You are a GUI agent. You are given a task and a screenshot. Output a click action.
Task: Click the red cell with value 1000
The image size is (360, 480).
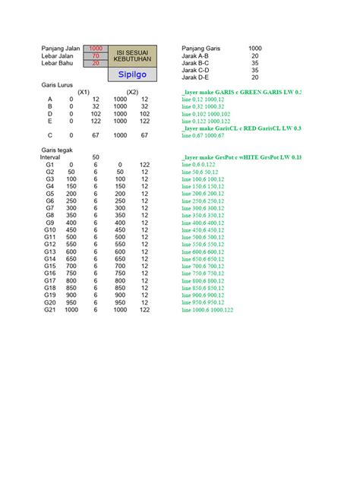click(96, 48)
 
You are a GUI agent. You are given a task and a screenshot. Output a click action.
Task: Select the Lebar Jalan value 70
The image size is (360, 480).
click(96, 55)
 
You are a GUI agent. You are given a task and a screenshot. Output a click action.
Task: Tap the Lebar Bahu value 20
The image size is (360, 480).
click(96, 63)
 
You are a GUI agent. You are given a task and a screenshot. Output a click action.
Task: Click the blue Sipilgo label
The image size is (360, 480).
click(131, 74)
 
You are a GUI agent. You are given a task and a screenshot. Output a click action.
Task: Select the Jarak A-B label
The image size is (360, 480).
click(196, 55)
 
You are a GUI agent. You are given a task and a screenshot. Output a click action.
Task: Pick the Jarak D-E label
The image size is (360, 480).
click(196, 77)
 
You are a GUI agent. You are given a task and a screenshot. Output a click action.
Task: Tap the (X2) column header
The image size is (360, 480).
click(133, 93)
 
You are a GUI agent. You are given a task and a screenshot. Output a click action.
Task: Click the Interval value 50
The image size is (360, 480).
click(96, 156)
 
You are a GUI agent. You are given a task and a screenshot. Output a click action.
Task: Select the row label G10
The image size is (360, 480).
click(50, 229)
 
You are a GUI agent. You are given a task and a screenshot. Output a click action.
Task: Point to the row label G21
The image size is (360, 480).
click(50, 309)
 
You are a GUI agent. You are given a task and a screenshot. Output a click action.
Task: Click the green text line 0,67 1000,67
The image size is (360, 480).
click(202, 135)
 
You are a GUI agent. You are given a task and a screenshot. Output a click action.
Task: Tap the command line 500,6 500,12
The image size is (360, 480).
click(204, 237)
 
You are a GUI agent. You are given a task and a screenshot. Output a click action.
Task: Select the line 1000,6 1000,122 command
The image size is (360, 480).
click(207, 310)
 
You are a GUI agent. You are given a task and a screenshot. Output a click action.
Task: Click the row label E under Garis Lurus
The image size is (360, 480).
click(50, 121)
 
